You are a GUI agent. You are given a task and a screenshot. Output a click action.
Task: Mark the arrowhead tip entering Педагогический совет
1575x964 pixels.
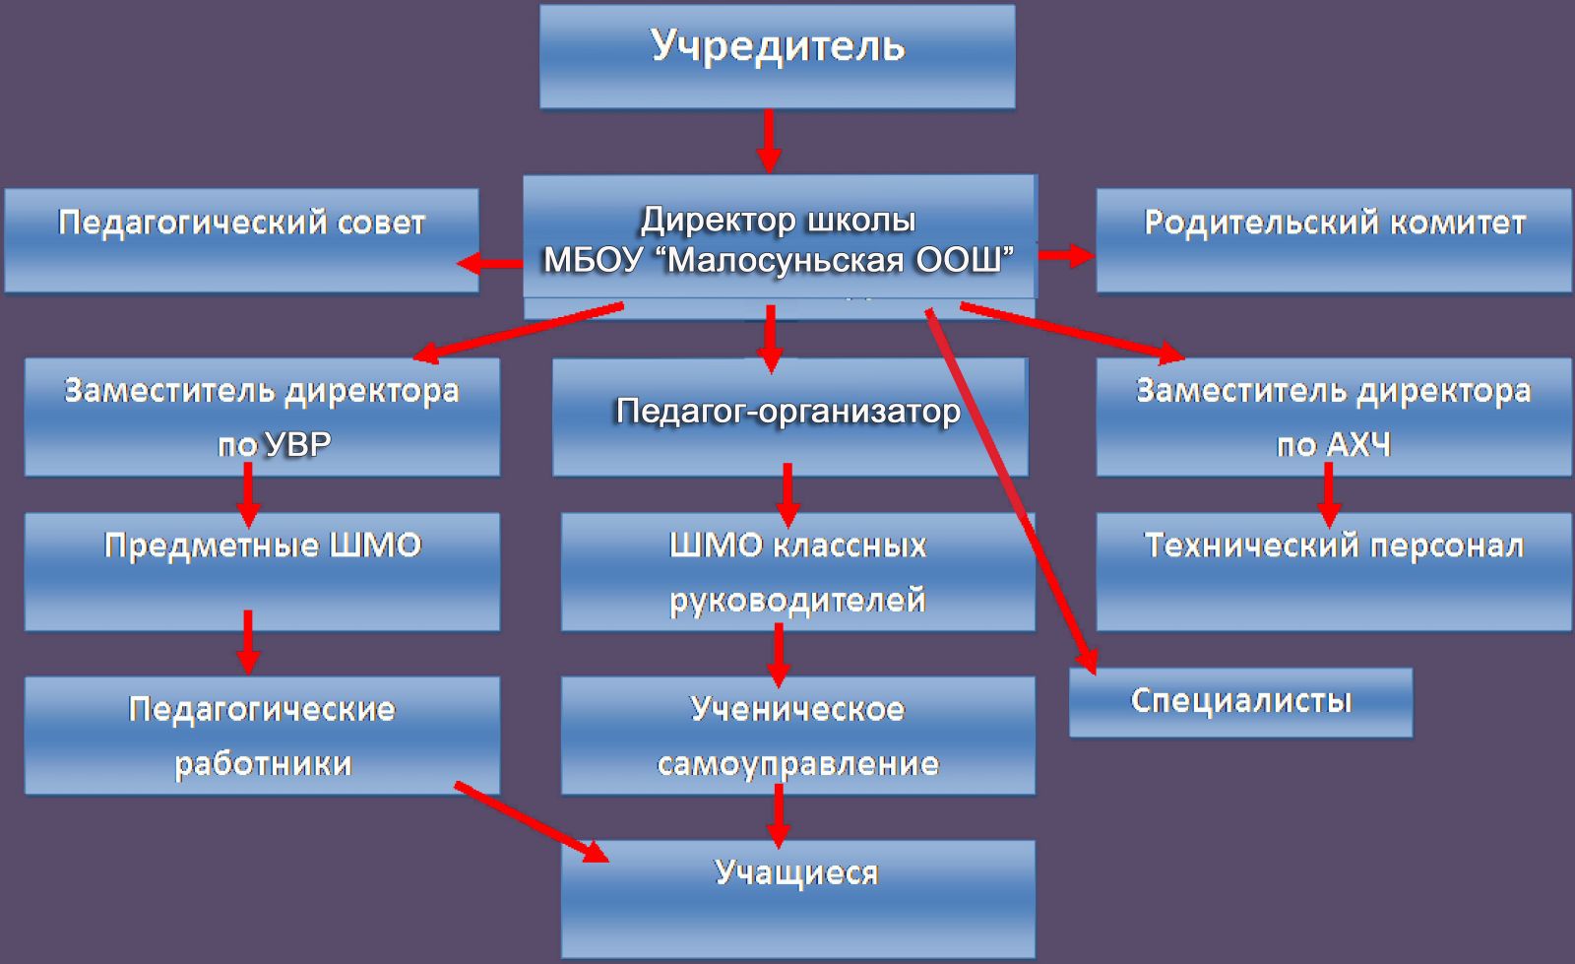click(457, 264)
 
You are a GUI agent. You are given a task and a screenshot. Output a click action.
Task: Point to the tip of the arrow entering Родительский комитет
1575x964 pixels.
click(1094, 255)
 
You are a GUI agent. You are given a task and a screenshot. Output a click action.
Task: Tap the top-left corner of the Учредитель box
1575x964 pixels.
click(540, 6)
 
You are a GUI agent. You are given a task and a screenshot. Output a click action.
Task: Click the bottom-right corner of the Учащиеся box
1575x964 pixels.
click(1035, 957)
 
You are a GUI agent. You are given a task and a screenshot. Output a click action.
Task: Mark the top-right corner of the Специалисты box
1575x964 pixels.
click(1413, 669)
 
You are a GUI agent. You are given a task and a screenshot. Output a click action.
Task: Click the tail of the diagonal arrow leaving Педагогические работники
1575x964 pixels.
click(456, 784)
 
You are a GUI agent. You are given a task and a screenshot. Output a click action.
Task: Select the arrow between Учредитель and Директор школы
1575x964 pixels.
click(769, 141)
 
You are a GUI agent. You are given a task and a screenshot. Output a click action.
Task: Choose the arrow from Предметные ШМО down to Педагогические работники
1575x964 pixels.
click(247, 642)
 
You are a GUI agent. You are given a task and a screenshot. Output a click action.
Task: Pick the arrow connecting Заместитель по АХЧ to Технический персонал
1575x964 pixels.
click(1328, 495)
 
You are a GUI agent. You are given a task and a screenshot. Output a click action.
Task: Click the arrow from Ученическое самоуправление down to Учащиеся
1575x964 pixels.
click(778, 815)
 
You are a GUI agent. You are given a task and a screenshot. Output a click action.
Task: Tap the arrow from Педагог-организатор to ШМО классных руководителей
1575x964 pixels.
click(787, 495)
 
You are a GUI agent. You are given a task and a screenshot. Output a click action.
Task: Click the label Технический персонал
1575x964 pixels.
click(1334, 546)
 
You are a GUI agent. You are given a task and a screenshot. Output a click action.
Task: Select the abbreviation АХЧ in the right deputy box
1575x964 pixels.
click(1358, 445)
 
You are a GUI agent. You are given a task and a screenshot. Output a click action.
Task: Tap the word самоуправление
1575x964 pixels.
click(798, 764)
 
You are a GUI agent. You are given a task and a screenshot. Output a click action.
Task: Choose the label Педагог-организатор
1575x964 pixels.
click(788, 412)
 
